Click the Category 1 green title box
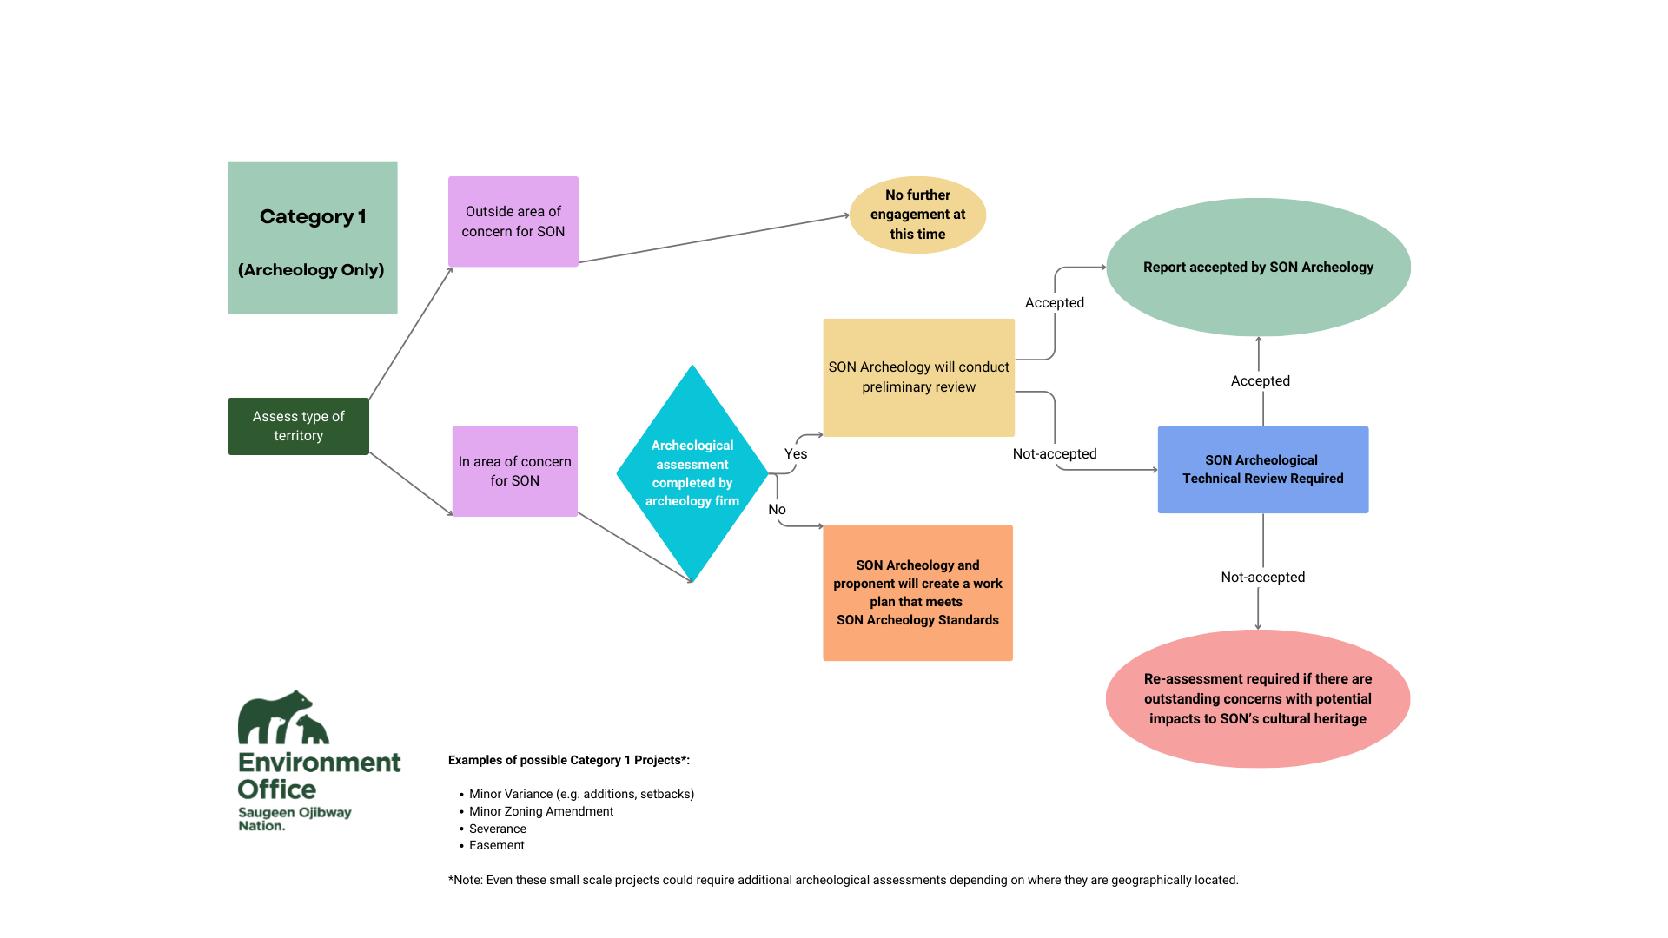[x=312, y=237]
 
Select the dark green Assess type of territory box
[x=298, y=426]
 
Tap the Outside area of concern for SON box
[x=513, y=221]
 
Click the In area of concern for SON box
[x=514, y=472]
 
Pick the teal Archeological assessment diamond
[x=692, y=473]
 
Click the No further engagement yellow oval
[x=917, y=215]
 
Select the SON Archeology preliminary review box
[x=918, y=377]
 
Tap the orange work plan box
[x=917, y=592]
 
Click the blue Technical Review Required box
[x=1262, y=469]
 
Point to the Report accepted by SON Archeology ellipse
[x=1258, y=268]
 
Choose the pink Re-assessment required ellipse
[x=1257, y=698]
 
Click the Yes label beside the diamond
[x=796, y=454]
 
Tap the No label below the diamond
[x=777, y=510]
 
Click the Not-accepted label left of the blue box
[x=1054, y=454]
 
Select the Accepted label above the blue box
[x=1260, y=381]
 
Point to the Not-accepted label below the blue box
[x=1262, y=578]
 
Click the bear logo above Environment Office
[x=282, y=718]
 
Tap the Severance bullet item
[x=497, y=829]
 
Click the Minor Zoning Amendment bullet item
[x=540, y=811]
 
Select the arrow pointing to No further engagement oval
[x=712, y=239]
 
